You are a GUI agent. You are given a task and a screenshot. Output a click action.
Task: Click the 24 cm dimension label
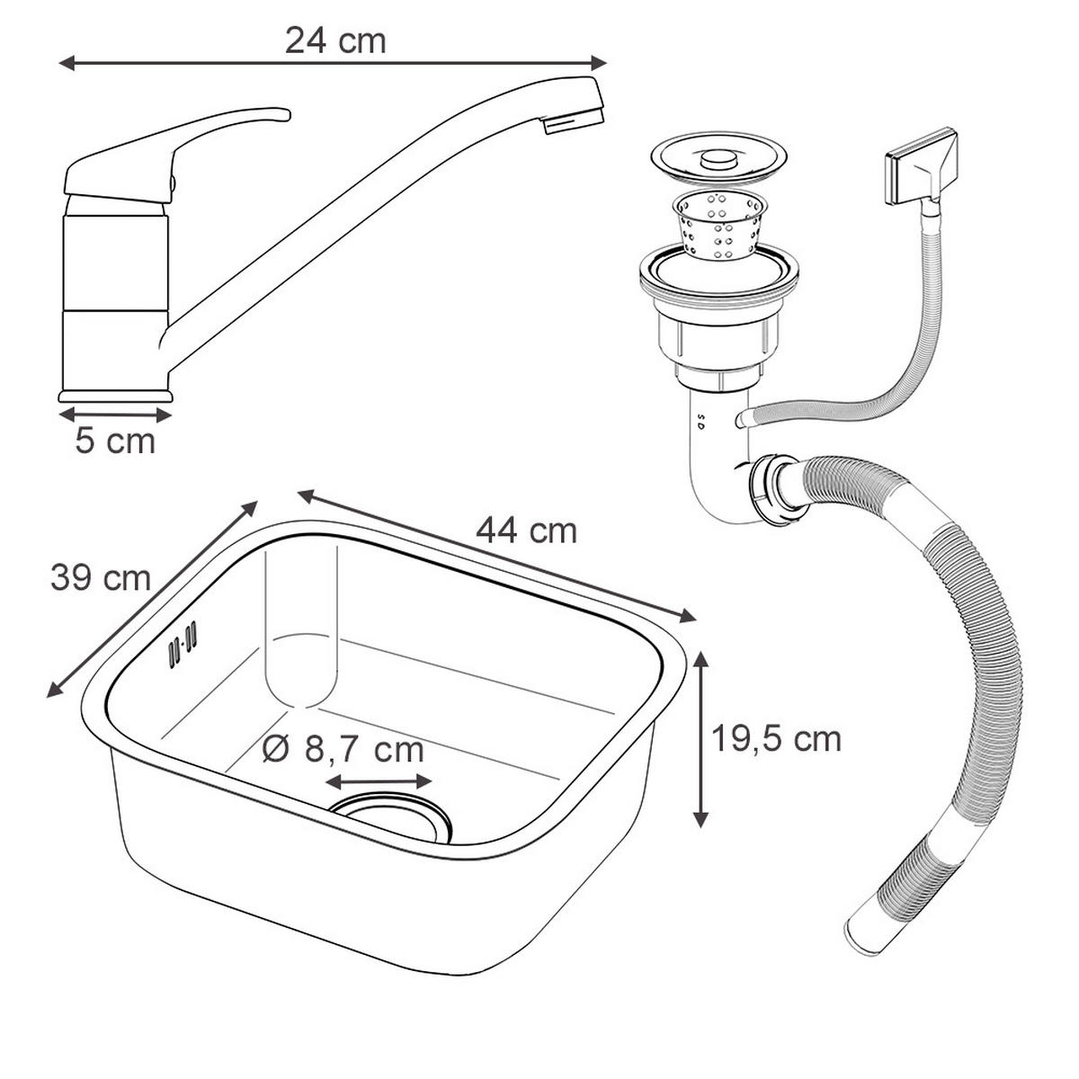tap(335, 40)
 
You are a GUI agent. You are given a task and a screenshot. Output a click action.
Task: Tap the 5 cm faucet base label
tap(114, 441)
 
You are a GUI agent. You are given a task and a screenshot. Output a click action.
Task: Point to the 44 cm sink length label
tap(526, 531)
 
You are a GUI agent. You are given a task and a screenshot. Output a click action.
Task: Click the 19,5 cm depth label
tap(776, 739)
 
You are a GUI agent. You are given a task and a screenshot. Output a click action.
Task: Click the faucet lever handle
tap(180, 144)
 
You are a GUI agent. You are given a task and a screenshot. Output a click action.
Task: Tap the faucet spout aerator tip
tap(575, 119)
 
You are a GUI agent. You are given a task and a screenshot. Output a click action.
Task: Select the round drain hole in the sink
tap(391, 814)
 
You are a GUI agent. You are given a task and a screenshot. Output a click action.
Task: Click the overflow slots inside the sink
tap(182, 644)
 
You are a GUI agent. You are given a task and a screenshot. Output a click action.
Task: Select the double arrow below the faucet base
tap(114, 415)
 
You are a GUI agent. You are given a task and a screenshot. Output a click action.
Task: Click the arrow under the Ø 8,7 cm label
tap(379, 782)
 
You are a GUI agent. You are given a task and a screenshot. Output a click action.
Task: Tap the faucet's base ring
tap(114, 396)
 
